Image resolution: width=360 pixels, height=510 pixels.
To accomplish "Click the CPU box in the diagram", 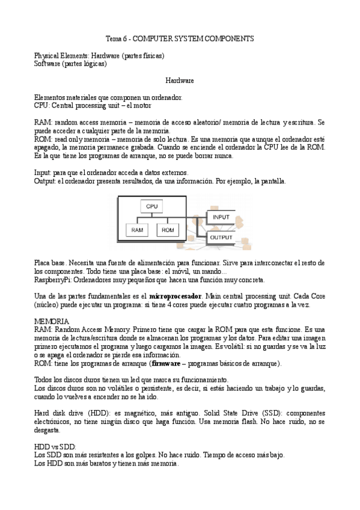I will [151, 207].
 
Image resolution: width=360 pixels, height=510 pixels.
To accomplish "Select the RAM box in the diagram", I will [137, 230].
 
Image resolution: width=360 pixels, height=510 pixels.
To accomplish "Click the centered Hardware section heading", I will [180, 79].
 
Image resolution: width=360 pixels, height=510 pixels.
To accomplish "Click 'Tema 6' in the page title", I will [115, 38].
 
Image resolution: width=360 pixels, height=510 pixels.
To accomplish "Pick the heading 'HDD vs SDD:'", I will [55, 447].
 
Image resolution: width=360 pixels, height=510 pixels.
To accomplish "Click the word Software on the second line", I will [47, 63].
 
